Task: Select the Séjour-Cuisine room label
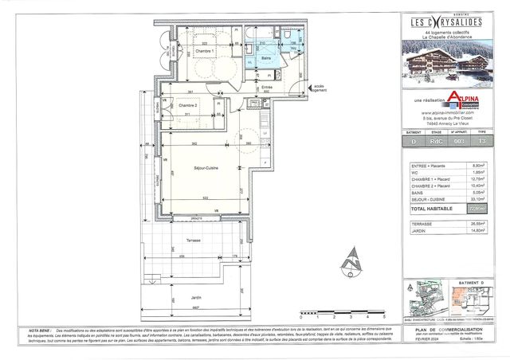coord(206,168)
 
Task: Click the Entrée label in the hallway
coord(266,87)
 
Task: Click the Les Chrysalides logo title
coord(447,22)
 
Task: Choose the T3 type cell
coord(481,140)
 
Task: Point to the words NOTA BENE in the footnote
coord(41,327)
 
